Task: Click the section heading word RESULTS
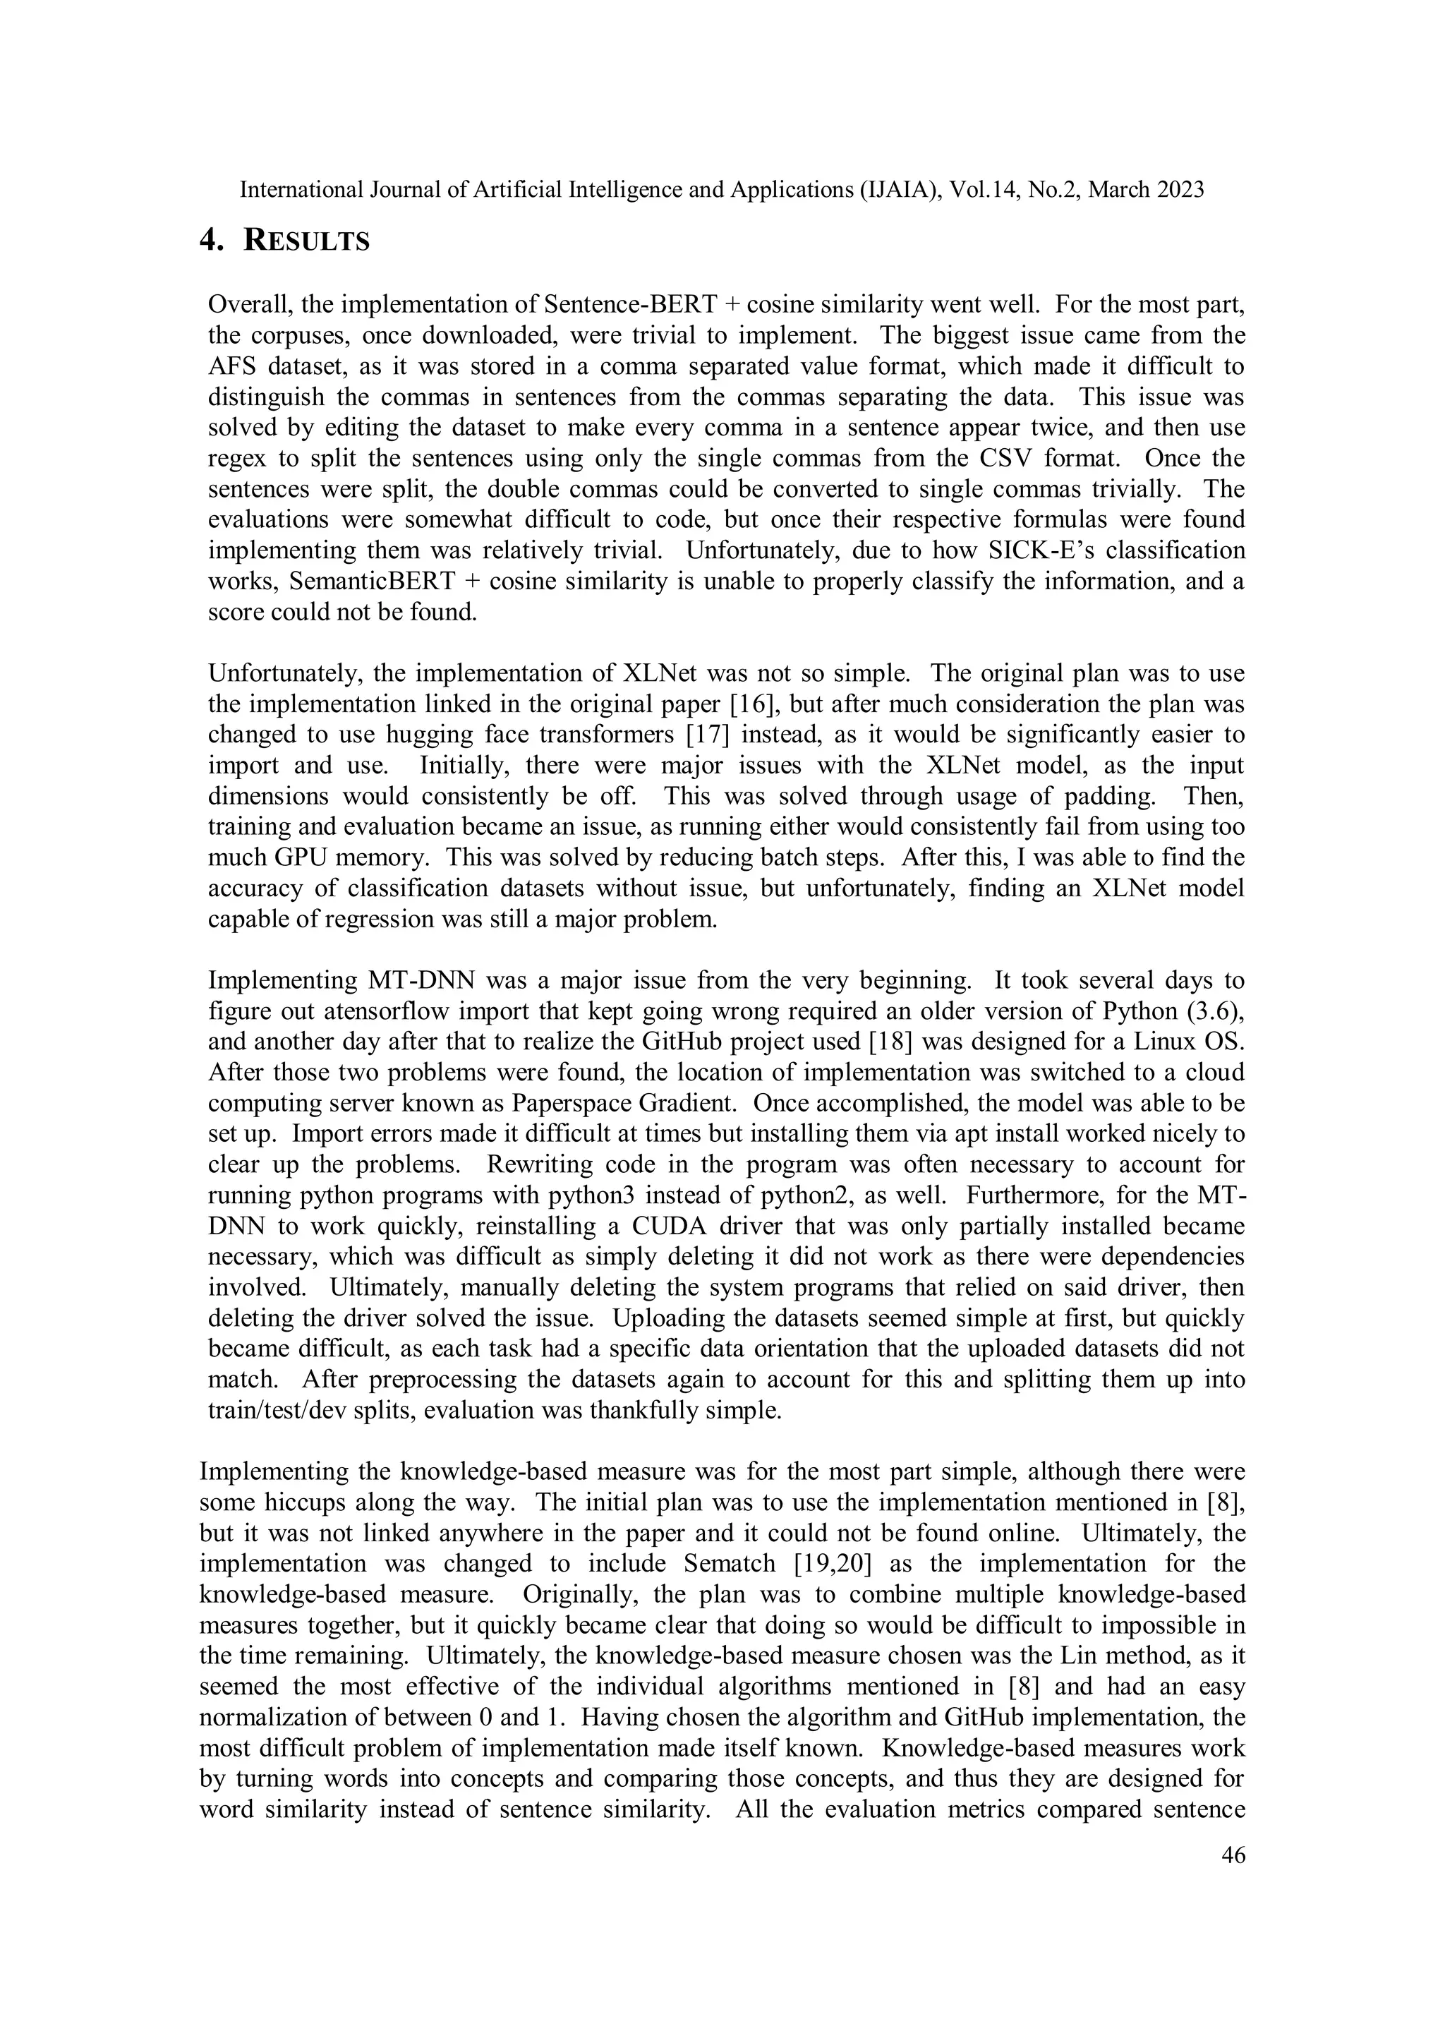pos(306,241)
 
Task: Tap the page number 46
pos(1233,1855)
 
